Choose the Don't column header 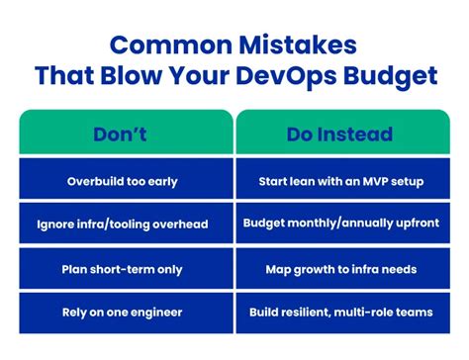pyautogui.click(x=125, y=134)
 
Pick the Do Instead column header pyautogui.click(x=339, y=134)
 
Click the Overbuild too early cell pyautogui.click(x=125, y=181)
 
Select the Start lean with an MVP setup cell pyautogui.click(x=339, y=181)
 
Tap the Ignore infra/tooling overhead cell pyautogui.click(x=125, y=225)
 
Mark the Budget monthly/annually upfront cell pyautogui.click(x=339, y=225)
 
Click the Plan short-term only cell pyautogui.click(x=125, y=269)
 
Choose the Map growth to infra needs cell pyautogui.click(x=339, y=269)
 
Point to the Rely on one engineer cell pyautogui.click(x=125, y=313)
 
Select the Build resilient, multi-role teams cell pyautogui.click(x=339, y=313)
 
